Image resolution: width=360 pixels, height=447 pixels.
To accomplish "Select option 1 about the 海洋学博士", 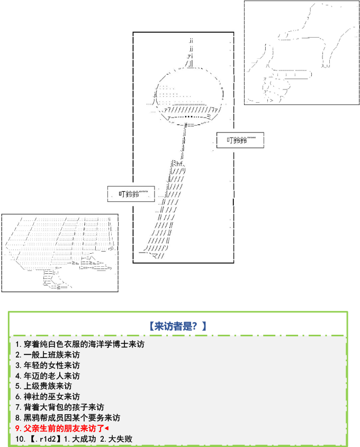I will (79, 344).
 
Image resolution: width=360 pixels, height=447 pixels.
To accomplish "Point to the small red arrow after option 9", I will (107, 428).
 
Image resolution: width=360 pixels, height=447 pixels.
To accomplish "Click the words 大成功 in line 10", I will (82, 439).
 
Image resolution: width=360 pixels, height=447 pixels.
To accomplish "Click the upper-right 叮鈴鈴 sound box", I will (240, 140).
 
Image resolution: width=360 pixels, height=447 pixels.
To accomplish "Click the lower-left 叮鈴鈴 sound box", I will (131, 193).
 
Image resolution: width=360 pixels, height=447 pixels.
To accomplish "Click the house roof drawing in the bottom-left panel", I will (58, 238).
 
